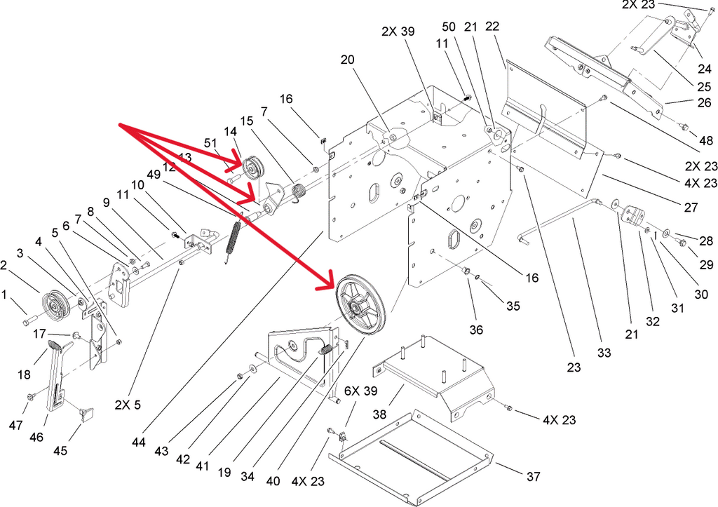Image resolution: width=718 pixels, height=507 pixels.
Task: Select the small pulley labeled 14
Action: pyautogui.click(x=250, y=168)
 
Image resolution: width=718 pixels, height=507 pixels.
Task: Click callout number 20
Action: pyautogui.click(x=348, y=60)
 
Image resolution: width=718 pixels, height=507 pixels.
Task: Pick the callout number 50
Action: pyautogui.click(x=449, y=26)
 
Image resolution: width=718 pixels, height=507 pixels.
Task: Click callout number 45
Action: pyautogui.click(x=61, y=451)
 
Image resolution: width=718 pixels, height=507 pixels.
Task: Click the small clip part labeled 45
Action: pyautogui.click(x=87, y=414)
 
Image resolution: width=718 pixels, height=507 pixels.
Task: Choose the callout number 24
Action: pyautogui.click(x=703, y=69)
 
